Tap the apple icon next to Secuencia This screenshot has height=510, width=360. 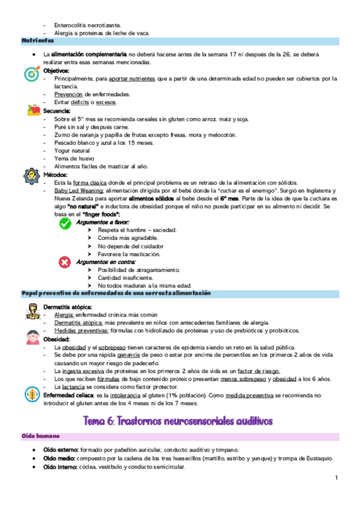[x=33, y=110]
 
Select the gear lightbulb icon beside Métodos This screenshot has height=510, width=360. [x=31, y=176]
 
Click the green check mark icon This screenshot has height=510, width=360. [x=66, y=223]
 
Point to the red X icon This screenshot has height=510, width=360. [x=65, y=262]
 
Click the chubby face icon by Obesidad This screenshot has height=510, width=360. [x=31, y=337]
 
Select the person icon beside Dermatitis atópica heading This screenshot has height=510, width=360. [x=32, y=310]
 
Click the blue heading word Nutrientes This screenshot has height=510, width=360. [x=38, y=41]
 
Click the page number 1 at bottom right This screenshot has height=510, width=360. [x=337, y=478]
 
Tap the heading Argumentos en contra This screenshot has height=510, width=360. [x=106, y=262]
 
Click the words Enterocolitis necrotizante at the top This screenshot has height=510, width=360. [x=88, y=25]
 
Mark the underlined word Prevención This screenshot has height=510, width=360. [x=69, y=94]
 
